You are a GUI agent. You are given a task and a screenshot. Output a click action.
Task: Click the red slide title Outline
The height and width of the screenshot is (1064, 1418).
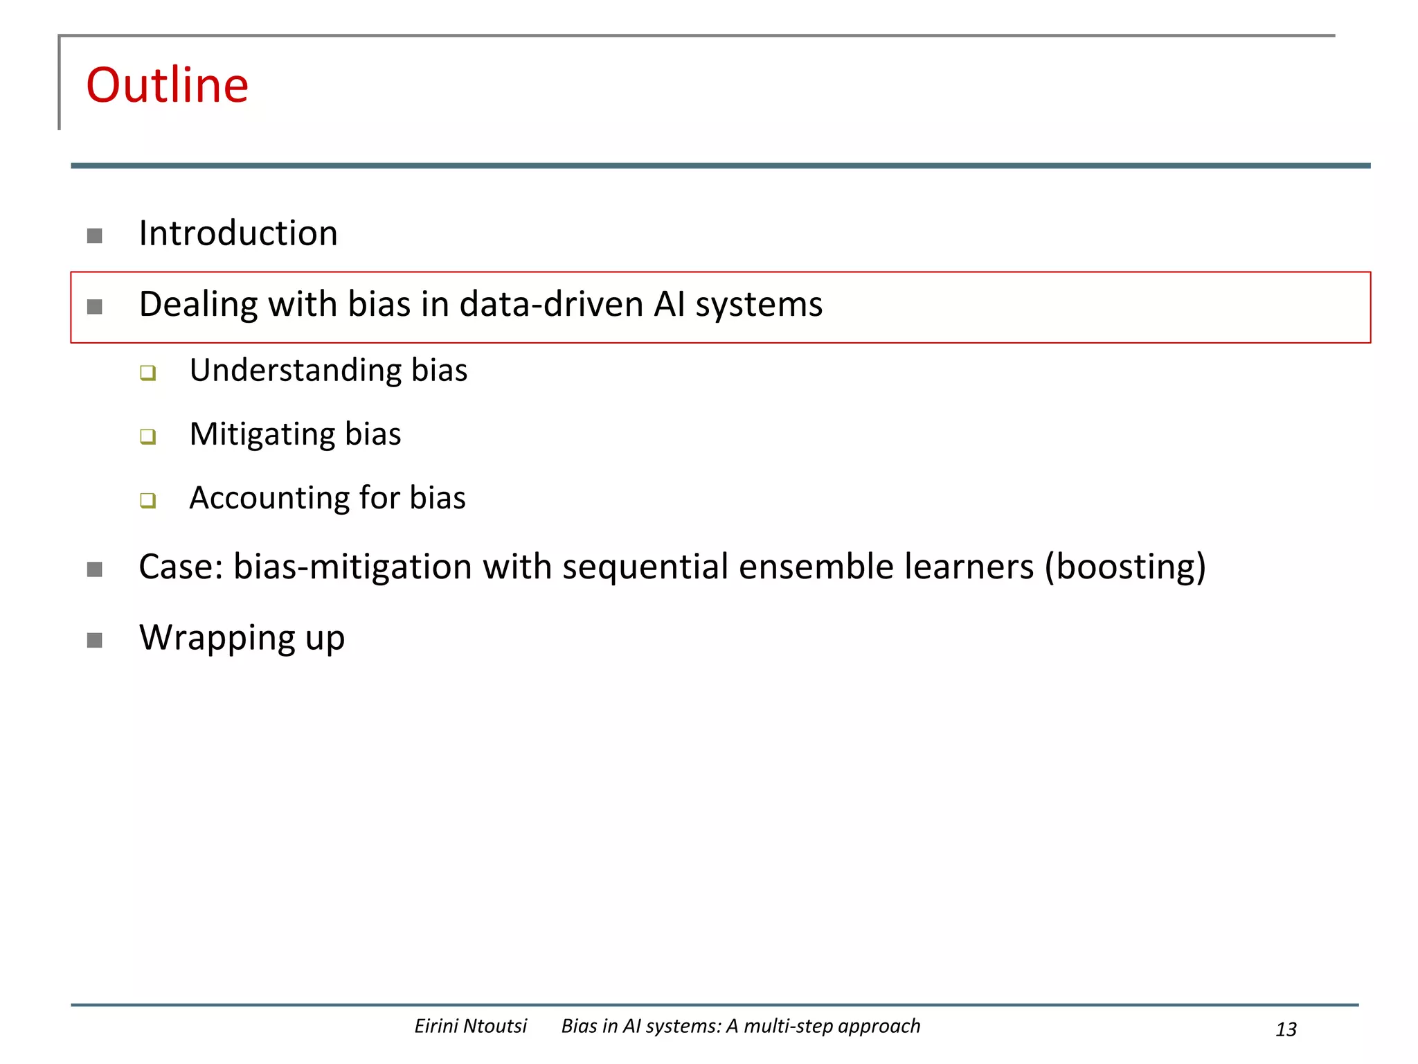coord(167,85)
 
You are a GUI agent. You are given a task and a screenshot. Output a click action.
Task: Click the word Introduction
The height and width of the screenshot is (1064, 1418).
coord(238,233)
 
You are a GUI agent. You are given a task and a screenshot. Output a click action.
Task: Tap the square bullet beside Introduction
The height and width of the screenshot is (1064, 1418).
coord(95,236)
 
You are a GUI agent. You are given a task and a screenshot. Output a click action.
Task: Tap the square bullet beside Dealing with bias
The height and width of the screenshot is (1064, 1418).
coord(95,307)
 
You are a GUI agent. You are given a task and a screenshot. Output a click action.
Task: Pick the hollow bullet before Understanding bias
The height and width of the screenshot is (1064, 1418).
coord(147,373)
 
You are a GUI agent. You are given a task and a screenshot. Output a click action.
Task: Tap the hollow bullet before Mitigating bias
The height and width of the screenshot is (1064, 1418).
coord(147,436)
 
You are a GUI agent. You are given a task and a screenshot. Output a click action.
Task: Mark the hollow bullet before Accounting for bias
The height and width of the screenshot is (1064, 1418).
coord(147,500)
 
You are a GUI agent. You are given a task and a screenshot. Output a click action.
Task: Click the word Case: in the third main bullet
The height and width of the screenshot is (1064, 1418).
coord(181,567)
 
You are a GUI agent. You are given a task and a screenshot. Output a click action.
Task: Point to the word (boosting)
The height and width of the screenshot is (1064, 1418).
coord(1125,567)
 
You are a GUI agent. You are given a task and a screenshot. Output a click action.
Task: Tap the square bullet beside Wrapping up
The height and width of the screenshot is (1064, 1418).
coord(95,640)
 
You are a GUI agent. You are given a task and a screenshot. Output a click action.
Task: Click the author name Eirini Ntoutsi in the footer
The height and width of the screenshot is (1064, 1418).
coord(470,1026)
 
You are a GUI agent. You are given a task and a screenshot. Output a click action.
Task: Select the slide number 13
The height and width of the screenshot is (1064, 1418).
coord(1286,1029)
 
